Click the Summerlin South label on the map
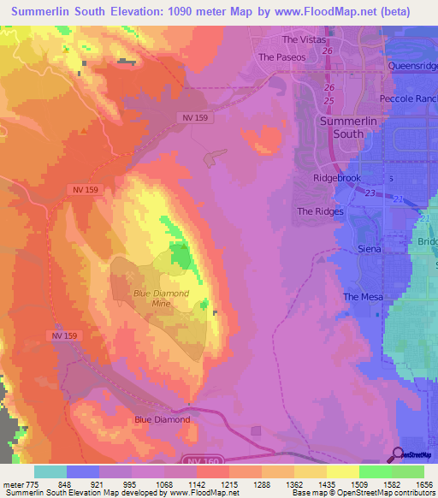click(x=352, y=127)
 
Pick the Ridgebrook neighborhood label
click(x=339, y=180)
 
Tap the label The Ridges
click(x=320, y=211)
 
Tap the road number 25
click(x=328, y=101)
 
